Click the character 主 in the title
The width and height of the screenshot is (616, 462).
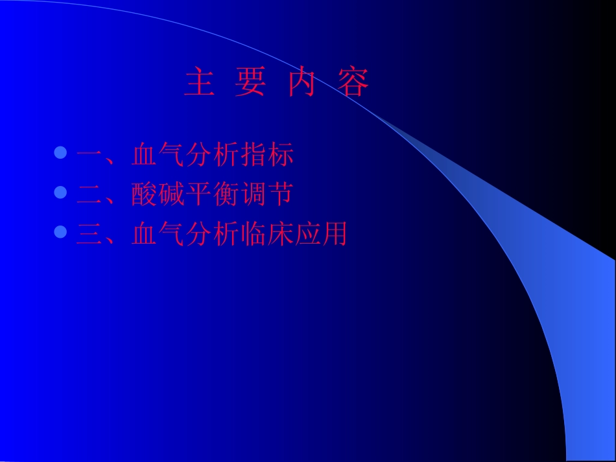[x=200, y=83]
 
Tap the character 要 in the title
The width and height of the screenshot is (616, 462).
[x=250, y=83]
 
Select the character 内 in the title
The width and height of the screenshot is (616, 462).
[x=302, y=83]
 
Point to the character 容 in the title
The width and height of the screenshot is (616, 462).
[x=353, y=83]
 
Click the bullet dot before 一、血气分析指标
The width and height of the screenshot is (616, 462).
[x=61, y=154]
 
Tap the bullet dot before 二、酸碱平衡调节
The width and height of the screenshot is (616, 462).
[x=61, y=192]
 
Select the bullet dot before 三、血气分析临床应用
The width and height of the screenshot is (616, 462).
[x=61, y=231]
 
